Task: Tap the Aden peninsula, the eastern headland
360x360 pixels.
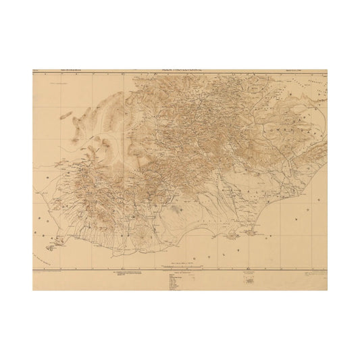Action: tap(251, 232)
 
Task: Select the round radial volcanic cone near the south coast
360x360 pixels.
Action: tap(142, 234)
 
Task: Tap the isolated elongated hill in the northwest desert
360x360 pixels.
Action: tap(66, 115)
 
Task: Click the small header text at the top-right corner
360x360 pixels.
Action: tap(311, 70)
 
